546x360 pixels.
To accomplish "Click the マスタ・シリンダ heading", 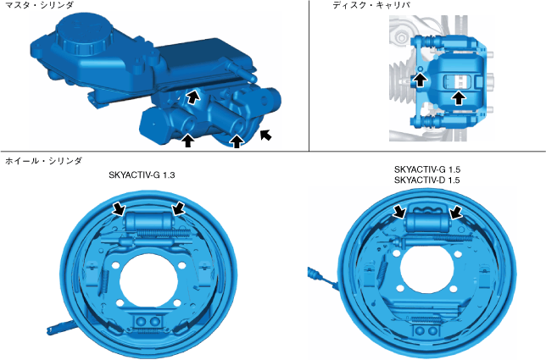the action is pos(39,5).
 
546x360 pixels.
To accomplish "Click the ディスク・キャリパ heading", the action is pos(371,5).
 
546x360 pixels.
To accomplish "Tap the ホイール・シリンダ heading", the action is pos(43,161).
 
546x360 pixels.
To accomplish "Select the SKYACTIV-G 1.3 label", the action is pos(142,174).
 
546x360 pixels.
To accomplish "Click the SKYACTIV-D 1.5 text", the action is pos(427,180).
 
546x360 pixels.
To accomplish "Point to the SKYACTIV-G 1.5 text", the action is pos(427,169).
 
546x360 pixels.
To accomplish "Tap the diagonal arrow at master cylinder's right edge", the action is pos(265,135).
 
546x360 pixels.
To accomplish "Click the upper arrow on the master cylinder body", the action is pos(192,97).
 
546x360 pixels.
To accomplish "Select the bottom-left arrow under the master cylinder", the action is pos(188,141).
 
